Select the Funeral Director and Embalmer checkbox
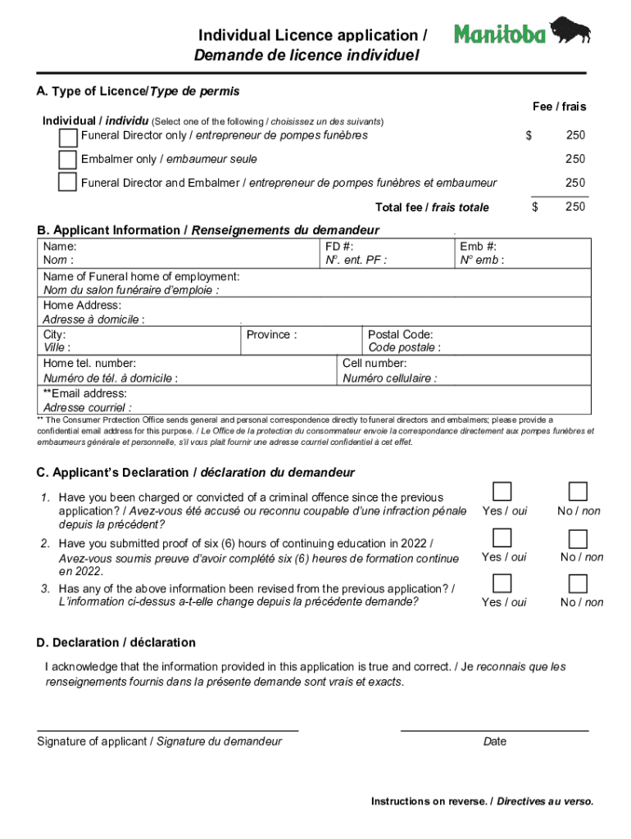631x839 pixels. (68, 183)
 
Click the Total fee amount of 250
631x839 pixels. (575, 206)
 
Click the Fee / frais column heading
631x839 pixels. (559, 107)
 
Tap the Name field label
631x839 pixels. (61, 246)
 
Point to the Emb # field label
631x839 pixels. (479, 246)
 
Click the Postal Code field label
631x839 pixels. (400, 334)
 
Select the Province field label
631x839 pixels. (271, 334)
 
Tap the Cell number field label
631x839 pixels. (375, 363)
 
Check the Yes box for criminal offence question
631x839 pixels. (502, 492)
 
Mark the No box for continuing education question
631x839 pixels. (579, 538)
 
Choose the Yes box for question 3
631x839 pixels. (502, 583)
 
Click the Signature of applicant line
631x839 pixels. (167, 728)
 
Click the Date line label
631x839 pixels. (495, 741)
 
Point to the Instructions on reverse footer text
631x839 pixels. (482, 800)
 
